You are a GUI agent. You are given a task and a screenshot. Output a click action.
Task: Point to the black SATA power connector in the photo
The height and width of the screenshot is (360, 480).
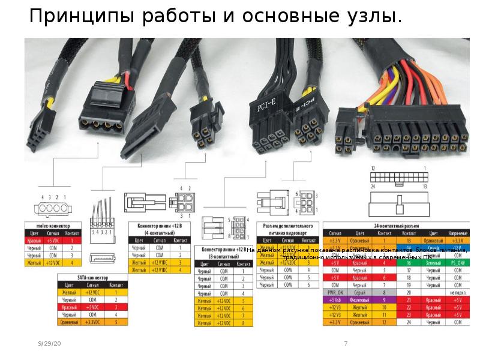click(x=145, y=126)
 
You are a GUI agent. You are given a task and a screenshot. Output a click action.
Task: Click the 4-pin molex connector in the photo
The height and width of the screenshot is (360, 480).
click(x=108, y=108)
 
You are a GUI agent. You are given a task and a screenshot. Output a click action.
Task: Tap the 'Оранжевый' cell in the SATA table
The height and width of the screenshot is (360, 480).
click(x=70, y=322)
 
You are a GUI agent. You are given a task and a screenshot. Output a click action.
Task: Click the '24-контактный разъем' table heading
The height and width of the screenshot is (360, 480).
click(x=395, y=224)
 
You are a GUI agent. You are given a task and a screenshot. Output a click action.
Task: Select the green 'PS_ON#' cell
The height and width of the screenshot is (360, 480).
click(x=457, y=262)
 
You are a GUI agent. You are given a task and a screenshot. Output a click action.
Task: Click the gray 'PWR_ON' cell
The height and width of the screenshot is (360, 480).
click(x=334, y=292)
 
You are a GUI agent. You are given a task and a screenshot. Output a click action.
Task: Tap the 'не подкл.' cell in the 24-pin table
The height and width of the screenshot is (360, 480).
click(x=457, y=292)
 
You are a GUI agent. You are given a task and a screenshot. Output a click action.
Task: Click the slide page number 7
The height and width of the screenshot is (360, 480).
click(x=346, y=343)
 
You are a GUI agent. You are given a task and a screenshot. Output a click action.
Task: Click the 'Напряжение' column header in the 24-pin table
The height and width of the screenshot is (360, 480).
click(x=457, y=232)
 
